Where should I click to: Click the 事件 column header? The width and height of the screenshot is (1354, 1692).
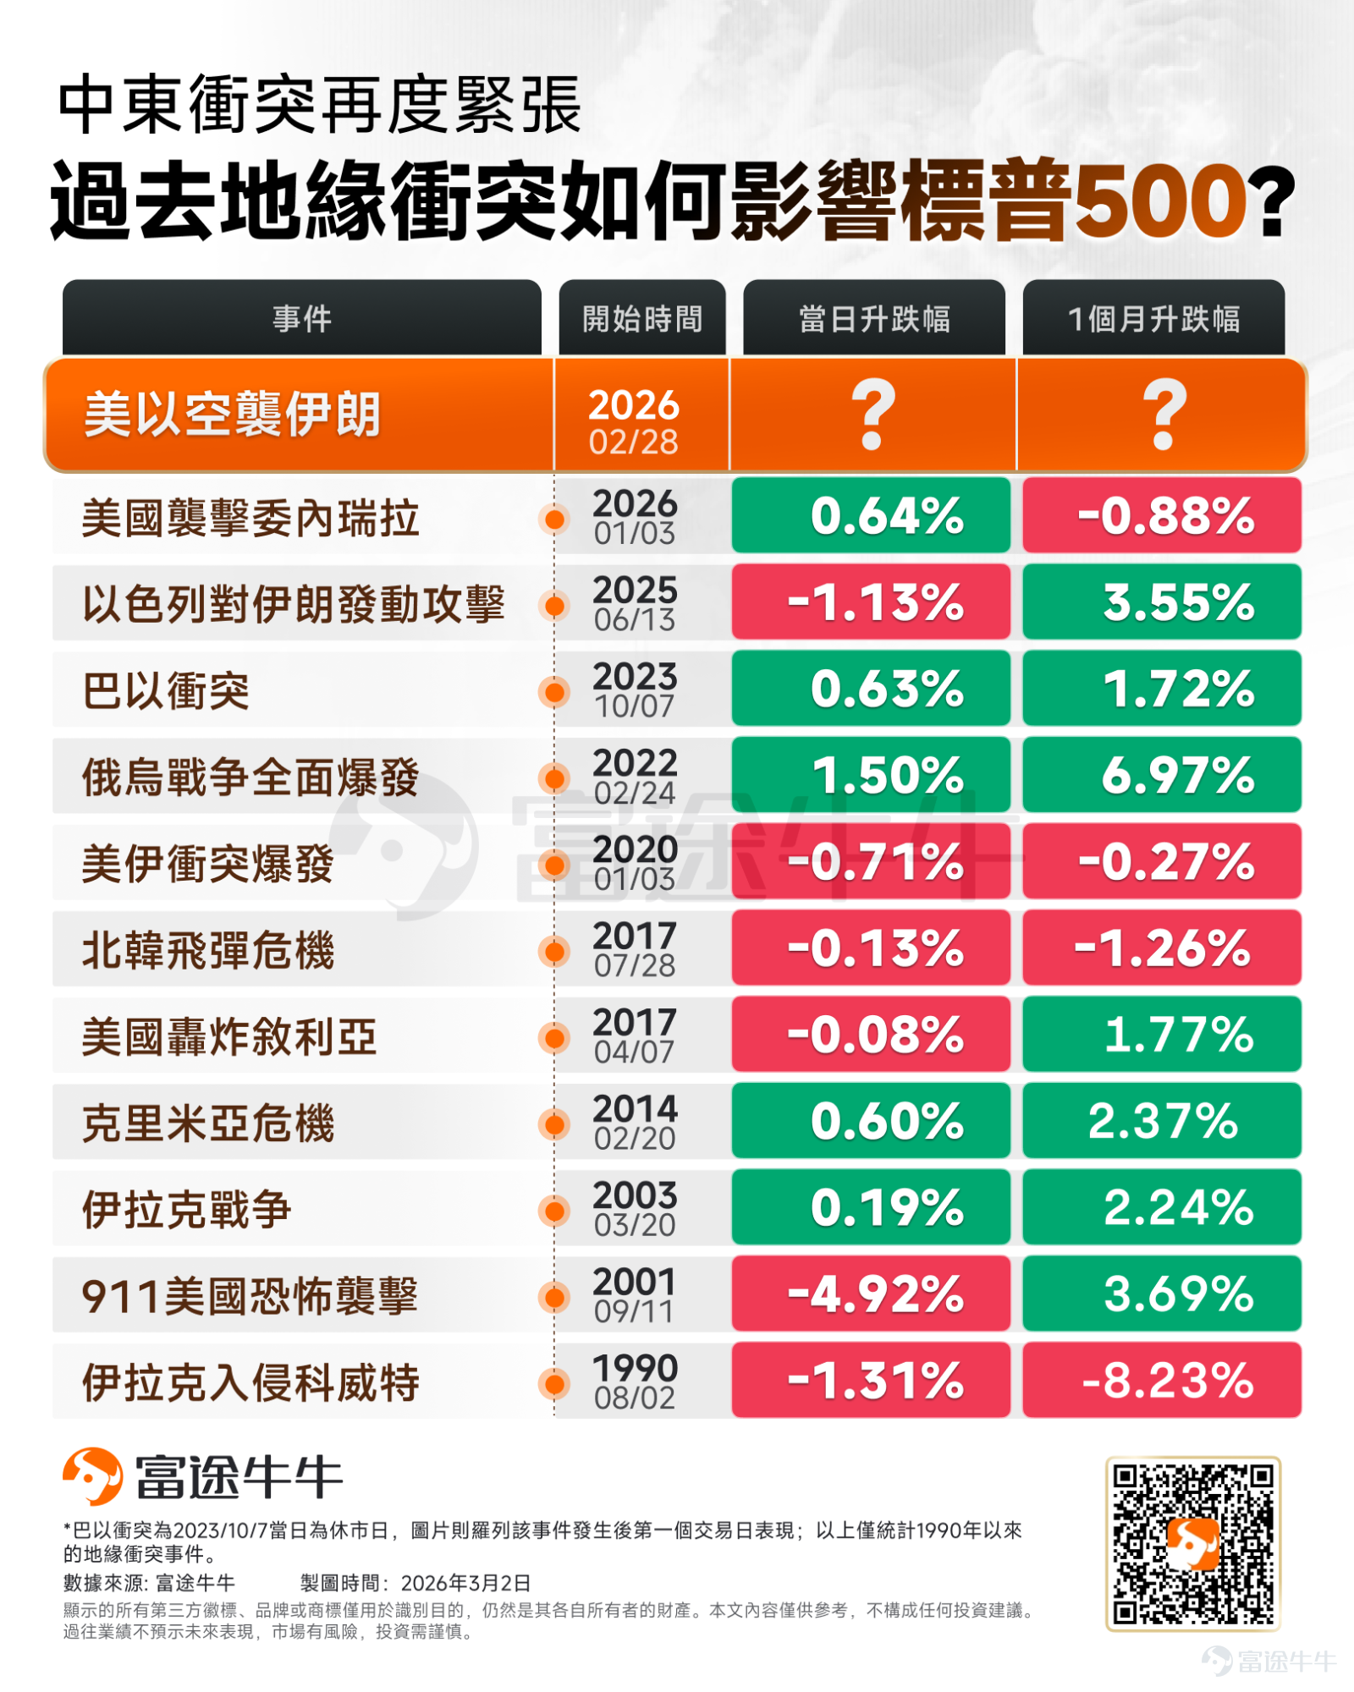(x=302, y=318)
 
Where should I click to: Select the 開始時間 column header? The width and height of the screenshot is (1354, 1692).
(x=642, y=318)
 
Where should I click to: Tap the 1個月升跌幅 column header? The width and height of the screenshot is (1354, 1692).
(x=1153, y=318)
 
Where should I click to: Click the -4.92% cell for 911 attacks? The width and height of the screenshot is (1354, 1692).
(x=871, y=1294)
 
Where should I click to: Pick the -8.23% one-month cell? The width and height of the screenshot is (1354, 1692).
(x=1162, y=1380)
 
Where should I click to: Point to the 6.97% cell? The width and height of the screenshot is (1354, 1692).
(x=1162, y=774)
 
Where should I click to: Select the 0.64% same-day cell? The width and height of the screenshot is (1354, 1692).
(x=871, y=515)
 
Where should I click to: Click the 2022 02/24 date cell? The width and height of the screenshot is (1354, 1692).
(x=635, y=775)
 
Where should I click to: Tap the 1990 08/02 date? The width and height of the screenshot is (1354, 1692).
(x=635, y=1381)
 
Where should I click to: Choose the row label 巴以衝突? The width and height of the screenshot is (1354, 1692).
(x=166, y=690)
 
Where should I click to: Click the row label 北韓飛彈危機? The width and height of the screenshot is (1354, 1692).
(x=208, y=949)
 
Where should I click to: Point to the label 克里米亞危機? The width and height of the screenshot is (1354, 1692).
(x=208, y=1123)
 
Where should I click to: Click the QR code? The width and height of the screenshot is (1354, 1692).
(x=1193, y=1543)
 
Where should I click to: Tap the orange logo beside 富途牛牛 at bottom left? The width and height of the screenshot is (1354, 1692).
(x=93, y=1476)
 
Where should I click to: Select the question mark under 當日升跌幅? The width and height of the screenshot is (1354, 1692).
(x=872, y=414)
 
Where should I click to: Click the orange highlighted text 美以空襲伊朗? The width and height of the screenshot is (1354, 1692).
(x=232, y=415)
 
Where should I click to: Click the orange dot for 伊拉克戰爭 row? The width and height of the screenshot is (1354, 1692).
(x=554, y=1211)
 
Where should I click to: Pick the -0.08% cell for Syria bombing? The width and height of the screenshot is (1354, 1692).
(x=871, y=1034)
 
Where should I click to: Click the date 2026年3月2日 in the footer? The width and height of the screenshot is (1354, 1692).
(x=465, y=1583)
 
